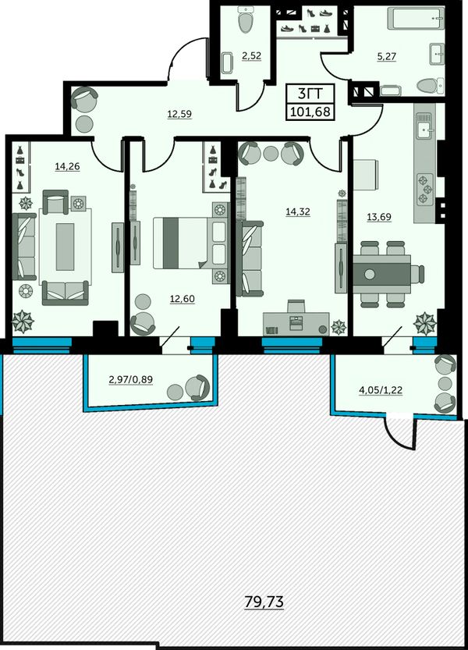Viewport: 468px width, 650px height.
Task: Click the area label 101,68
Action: click(x=311, y=111)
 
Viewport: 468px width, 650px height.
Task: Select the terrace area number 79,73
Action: click(x=264, y=601)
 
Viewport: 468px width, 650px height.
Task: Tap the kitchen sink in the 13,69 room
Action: click(x=424, y=130)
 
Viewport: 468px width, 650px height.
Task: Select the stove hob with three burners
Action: click(x=425, y=189)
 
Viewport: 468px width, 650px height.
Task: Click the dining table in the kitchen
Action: click(x=381, y=274)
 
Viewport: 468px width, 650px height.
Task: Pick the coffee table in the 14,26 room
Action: click(x=65, y=247)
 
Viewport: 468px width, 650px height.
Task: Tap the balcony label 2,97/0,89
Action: click(x=130, y=379)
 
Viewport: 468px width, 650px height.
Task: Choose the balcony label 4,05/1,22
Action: click(x=380, y=390)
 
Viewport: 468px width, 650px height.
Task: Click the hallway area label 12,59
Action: click(x=179, y=114)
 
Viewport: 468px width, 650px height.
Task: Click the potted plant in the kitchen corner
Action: click(x=425, y=323)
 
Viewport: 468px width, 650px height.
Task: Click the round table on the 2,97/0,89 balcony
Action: click(x=175, y=391)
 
